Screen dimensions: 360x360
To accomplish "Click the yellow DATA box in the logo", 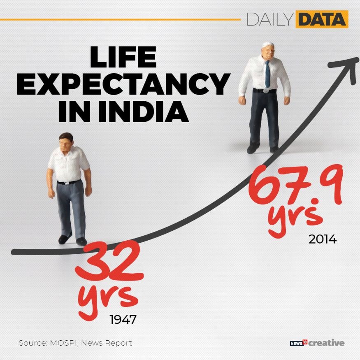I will tap(321, 19).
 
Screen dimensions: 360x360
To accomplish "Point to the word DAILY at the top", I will tap(269, 19).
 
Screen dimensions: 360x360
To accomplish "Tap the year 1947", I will tap(123, 319).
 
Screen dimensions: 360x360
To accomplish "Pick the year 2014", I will tap(322, 239).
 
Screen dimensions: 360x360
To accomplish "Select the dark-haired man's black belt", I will tap(69, 182).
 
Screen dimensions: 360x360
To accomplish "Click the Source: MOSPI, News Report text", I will tap(75, 342).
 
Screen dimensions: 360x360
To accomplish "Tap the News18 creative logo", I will tap(317, 342).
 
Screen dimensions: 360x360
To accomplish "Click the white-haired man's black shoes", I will tap(263, 149).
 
